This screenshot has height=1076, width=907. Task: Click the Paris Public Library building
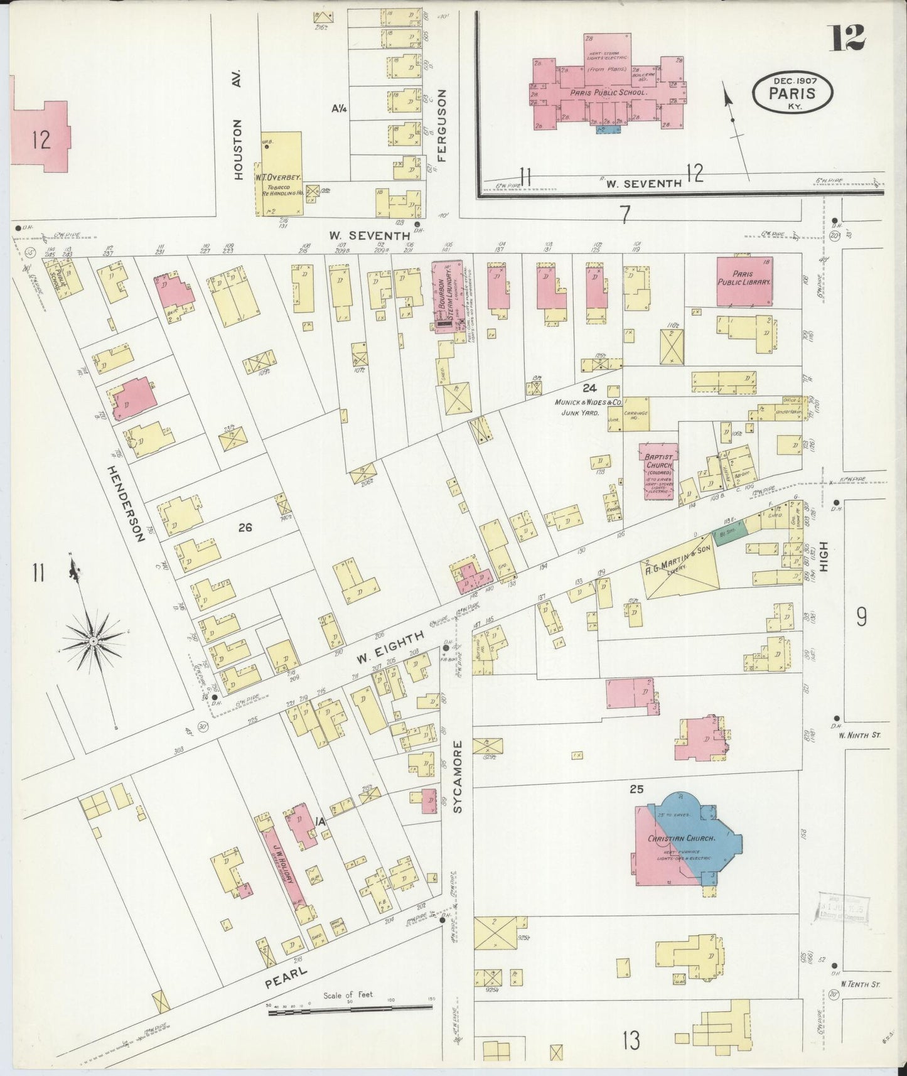(x=744, y=281)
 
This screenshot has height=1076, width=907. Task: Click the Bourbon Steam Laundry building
(x=446, y=293)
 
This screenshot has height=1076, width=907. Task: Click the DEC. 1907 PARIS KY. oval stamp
(x=793, y=93)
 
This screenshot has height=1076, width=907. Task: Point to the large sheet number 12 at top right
(x=848, y=38)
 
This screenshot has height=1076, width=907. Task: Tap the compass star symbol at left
(x=94, y=641)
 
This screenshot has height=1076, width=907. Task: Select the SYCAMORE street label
(x=458, y=777)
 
